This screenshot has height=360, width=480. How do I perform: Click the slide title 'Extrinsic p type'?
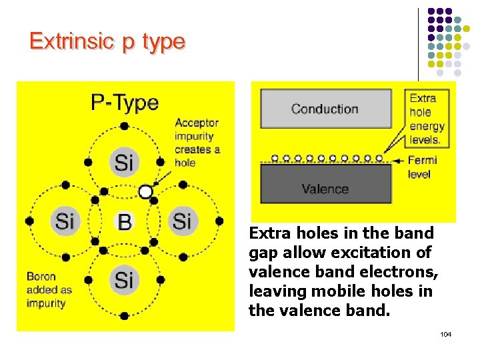point(107,41)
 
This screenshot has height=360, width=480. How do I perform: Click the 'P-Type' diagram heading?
point(125,103)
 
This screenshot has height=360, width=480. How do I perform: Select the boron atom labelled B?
point(124,221)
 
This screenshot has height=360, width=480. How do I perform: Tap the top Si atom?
point(124,161)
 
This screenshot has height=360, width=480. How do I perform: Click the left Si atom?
point(65,221)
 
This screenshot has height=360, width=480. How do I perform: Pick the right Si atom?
point(182,221)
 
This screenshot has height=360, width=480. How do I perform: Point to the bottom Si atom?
point(124,279)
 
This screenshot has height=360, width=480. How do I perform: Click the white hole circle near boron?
point(145,192)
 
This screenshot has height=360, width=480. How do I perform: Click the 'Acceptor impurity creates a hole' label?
point(197,143)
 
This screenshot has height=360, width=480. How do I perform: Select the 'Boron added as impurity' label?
point(49,289)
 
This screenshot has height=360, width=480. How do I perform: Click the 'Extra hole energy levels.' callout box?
point(427,119)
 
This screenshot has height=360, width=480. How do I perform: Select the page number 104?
point(445,333)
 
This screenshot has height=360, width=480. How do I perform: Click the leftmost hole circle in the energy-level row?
point(275,159)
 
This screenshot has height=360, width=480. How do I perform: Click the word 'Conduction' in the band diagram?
point(325,109)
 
